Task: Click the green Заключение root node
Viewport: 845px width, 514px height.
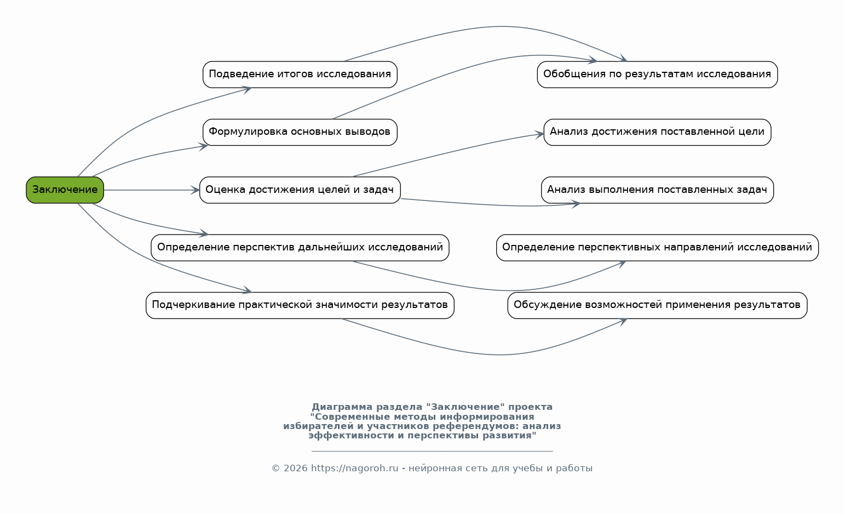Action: coord(65,190)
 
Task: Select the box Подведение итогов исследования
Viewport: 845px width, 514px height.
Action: coord(300,75)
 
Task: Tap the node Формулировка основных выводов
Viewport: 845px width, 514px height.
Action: coord(300,132)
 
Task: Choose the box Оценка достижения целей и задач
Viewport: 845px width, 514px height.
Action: coord(300,190)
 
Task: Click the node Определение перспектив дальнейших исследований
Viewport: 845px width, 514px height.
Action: coord(300,248)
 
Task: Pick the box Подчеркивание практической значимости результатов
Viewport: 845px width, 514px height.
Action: coord(300,305)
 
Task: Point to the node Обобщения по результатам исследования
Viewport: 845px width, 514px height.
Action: coord(657,75)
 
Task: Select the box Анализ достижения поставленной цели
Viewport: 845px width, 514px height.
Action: coord(657,132)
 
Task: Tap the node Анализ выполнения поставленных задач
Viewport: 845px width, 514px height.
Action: coord(657,190)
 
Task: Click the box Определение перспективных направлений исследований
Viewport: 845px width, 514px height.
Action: coord(657,248)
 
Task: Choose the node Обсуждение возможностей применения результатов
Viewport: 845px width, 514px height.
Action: coord(657,305)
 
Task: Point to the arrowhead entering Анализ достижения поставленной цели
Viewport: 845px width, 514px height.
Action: coord(540,134)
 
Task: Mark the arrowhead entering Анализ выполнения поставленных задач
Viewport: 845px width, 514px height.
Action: coord(576,204)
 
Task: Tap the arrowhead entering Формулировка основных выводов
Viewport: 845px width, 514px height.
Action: coord(204,146)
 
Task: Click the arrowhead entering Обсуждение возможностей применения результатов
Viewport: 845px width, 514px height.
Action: coord(623,321)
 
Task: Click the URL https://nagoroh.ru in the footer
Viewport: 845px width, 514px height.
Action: coord(354,469)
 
